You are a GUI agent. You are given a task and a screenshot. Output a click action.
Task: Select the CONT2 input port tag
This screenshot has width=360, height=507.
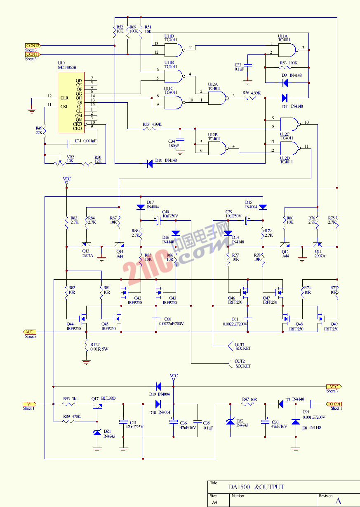(33, 45)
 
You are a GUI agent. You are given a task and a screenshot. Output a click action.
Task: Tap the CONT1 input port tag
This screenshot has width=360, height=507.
(33, 54)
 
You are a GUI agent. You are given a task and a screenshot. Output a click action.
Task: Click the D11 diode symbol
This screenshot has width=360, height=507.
(285, 98)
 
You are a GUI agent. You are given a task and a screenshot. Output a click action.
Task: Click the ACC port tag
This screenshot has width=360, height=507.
(29, 332)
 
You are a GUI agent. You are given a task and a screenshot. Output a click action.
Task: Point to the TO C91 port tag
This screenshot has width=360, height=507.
(334, 404)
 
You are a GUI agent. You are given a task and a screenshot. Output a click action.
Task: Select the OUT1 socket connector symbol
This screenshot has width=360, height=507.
(231, 345)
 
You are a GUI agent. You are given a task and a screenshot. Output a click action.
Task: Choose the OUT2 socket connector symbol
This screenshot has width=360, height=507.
(231, 363)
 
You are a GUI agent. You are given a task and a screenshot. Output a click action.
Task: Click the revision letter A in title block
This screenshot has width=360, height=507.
(338, 501)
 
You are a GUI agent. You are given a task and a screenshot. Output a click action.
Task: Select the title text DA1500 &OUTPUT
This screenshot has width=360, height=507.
(256, 487)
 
